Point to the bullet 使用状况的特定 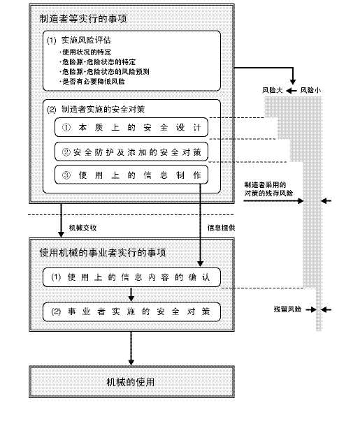87,52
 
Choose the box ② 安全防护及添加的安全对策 131,152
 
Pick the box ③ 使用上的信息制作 131,175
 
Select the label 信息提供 222,227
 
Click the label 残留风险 287,308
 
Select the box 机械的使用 131,382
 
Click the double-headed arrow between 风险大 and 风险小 293,91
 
